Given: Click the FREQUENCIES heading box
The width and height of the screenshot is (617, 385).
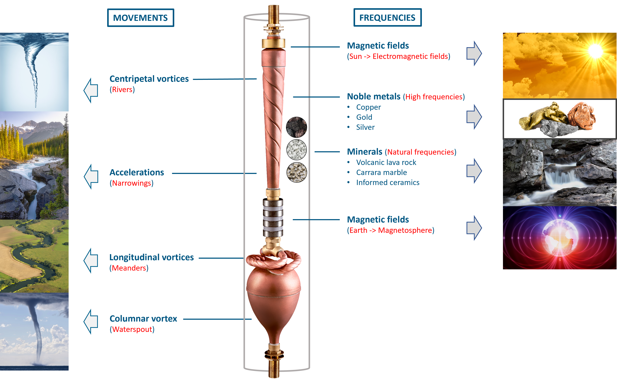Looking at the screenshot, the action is [387, 17].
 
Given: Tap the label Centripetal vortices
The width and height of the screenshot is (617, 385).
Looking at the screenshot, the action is [149, 79].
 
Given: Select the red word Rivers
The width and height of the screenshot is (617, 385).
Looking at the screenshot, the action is [122, 90].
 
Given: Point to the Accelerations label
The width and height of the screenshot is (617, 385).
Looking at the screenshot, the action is [137, 173].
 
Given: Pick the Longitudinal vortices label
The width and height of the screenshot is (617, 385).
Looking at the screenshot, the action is [152, 257].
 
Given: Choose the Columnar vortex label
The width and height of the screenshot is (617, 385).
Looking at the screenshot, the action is [143, 319].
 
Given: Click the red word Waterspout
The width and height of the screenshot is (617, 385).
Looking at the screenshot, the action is [132, 329].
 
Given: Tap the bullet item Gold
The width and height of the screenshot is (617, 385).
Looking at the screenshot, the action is [364, 117].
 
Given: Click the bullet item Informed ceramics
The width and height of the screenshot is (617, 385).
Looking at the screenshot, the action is [388, 183].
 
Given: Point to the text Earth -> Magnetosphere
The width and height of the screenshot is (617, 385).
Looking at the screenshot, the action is [390, 230].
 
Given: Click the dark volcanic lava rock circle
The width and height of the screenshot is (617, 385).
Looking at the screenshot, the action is [296, 127].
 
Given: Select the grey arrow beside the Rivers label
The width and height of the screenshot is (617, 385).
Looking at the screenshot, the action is [91, 90].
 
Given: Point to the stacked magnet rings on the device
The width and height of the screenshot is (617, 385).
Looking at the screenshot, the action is [273, 218].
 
